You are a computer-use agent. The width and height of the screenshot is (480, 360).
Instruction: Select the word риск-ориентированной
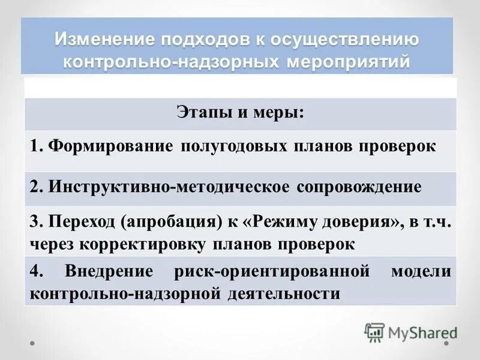click(x=271, y=271)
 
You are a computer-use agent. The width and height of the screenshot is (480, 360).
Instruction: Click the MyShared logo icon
click(x=374, y=332)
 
